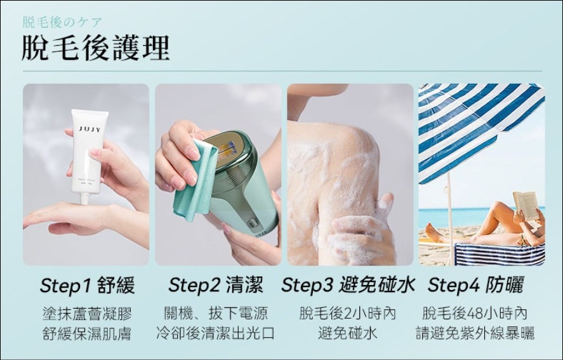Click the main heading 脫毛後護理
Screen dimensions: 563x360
(x=95, y=48)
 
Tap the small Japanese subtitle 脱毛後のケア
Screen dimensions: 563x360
(x=62, y=22)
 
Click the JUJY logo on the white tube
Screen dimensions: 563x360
(x=89, y=130)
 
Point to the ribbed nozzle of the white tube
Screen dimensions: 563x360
(x=85, y=199)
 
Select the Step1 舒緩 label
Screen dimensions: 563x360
(x=87, y=286)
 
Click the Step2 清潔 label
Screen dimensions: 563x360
(x=216, y=285)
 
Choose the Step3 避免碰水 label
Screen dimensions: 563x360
(x=348, y=285)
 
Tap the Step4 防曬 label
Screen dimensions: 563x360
(x=476, y=285)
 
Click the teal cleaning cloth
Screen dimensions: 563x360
(x=194, y=180)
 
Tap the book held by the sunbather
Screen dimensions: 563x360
(x=526, y=206)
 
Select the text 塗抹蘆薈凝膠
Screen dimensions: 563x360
(x=87, y=314)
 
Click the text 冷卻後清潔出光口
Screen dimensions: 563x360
(x=216, y=333)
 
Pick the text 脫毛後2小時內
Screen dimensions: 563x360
(x=348, y=314)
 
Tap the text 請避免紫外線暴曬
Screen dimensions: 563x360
(x=475, y=333)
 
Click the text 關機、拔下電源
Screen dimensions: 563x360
(x=216, y=314)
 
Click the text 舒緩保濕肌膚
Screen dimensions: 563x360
(x=87, y=333)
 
